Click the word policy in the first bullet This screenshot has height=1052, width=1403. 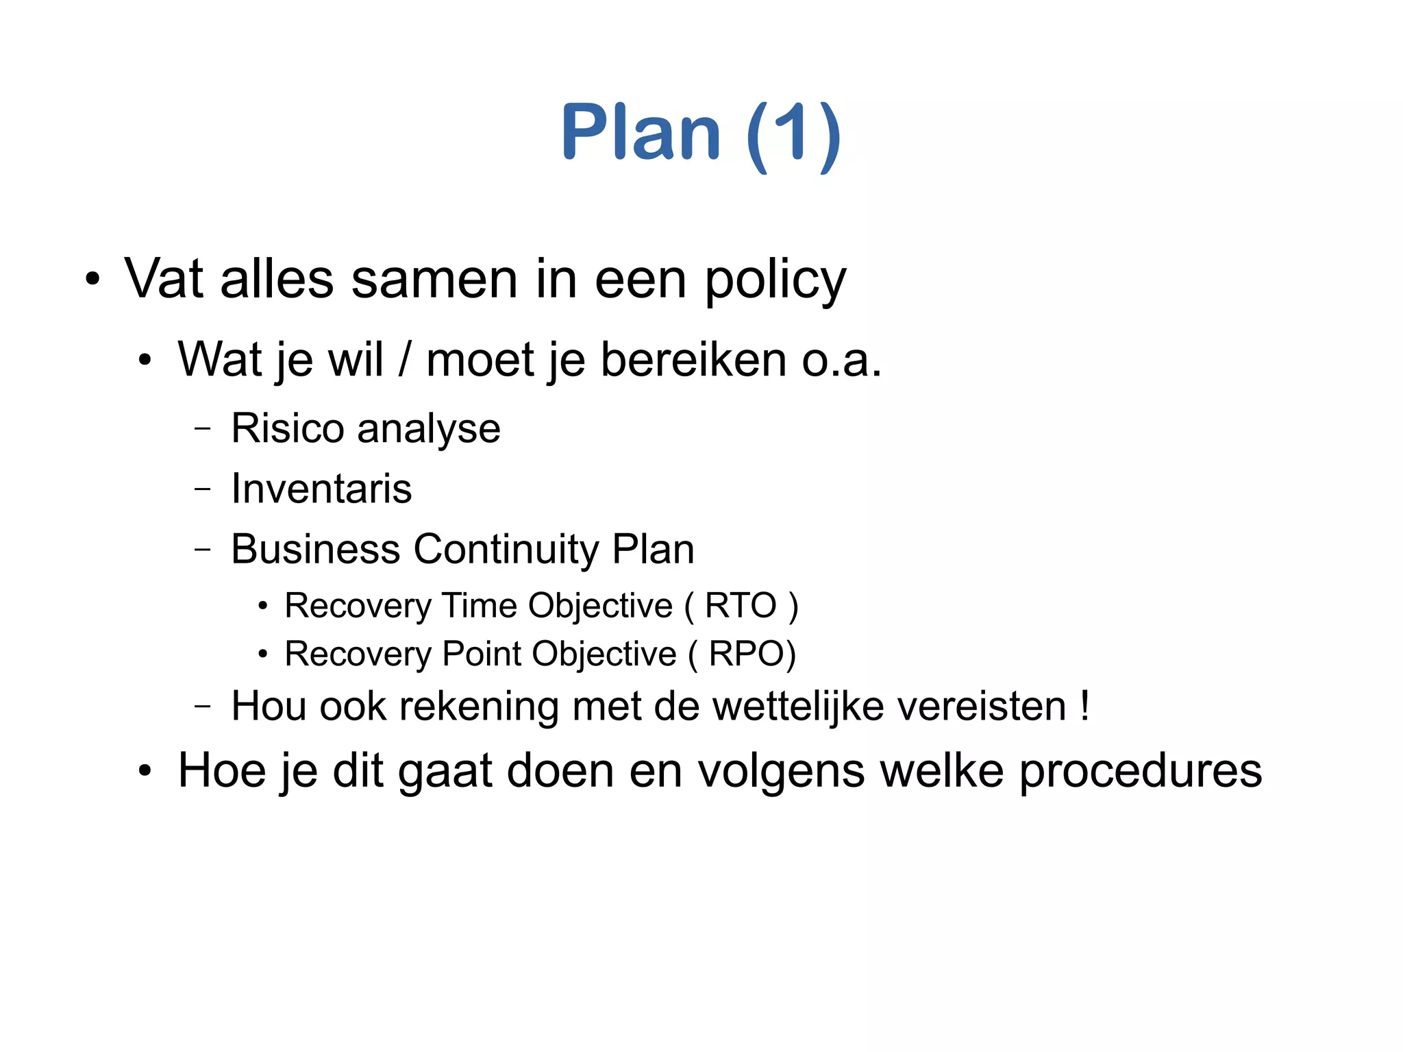[775, 281]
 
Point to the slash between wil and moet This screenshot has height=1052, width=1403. [405, 360]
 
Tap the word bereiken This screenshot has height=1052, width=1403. [693, 360]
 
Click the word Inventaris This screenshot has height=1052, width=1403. [321, 489]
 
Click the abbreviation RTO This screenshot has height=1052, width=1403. [741, 606]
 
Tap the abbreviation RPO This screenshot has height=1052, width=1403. [747, 654]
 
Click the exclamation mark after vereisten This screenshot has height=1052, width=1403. [1084, 706]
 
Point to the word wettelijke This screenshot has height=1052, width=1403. [798, 706]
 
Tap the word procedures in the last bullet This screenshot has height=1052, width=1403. [1140, 772]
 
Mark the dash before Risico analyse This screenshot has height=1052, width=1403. [203, 429]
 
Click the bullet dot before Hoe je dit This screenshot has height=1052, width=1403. [144, 772]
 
